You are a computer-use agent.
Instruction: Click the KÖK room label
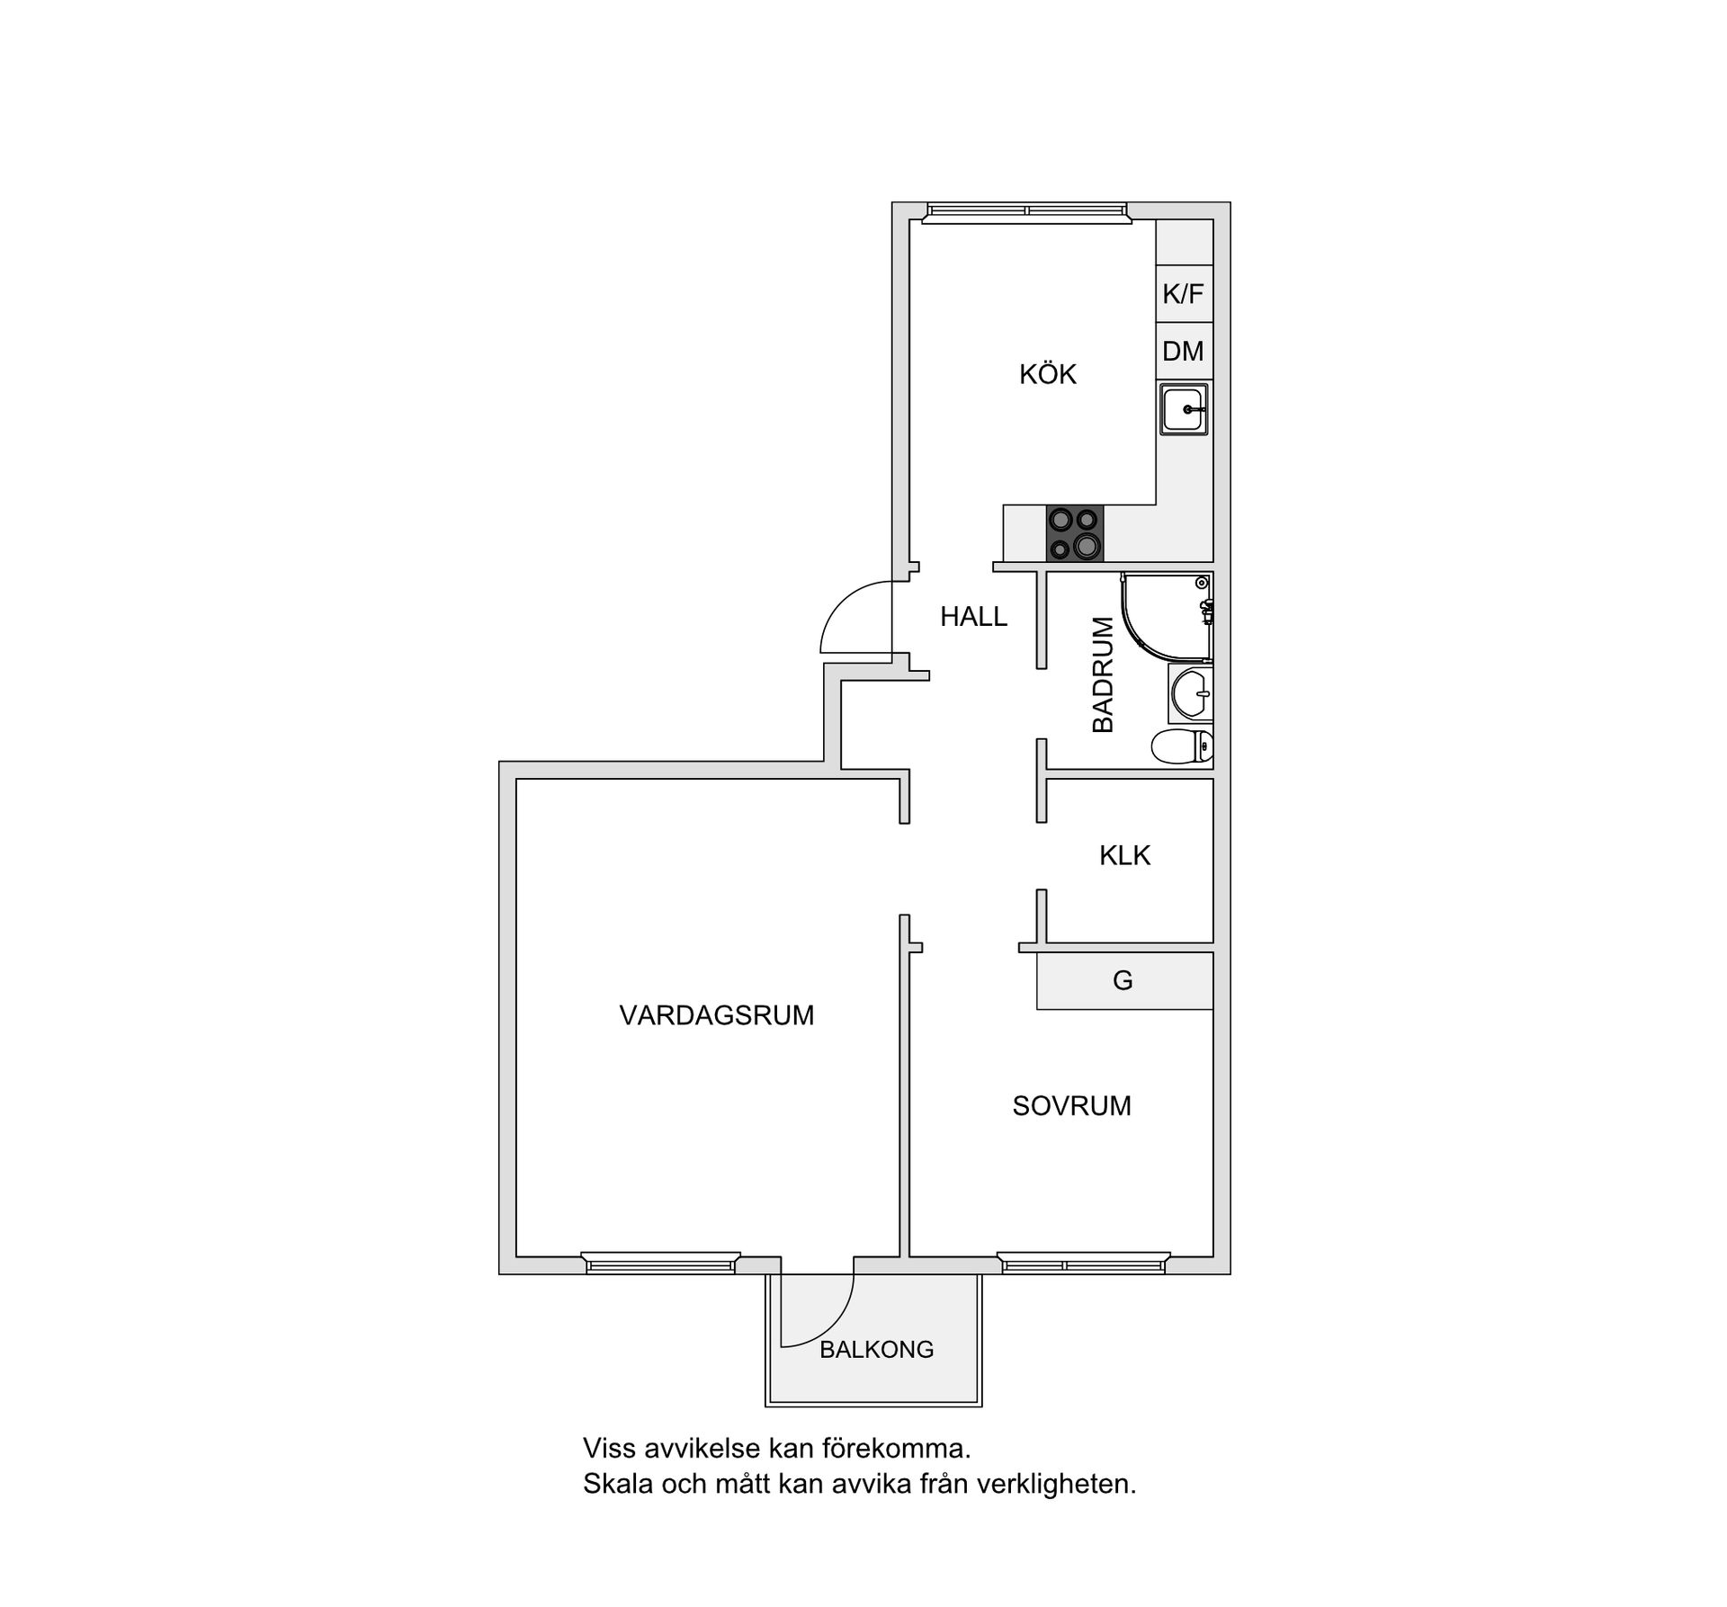1047,374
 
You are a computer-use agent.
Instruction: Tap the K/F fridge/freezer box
1183,294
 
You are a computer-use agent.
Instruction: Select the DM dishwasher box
1183,351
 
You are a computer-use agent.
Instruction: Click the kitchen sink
1184,409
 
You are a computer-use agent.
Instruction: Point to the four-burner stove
1074,533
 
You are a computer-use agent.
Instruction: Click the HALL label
973,617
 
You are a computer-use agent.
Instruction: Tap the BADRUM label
1103,674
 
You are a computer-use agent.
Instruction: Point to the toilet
1182,746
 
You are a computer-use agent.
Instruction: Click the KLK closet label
1124,855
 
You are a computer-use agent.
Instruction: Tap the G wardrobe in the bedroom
1123,980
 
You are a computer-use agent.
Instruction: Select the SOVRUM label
1071,1106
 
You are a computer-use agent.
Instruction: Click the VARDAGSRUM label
716,1015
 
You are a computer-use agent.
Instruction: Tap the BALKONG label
876,1349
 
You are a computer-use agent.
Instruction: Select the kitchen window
1026,211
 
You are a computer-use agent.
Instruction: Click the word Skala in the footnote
618,1483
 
